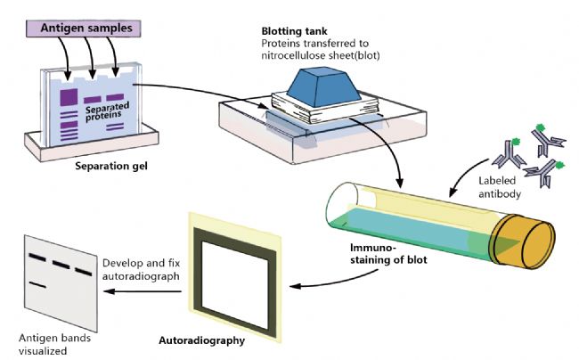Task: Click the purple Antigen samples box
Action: (84, 29)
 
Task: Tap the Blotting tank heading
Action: (294, 31)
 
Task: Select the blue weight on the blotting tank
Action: (323, 86)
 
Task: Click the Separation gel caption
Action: (111, 166)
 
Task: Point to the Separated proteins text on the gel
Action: (107, 111)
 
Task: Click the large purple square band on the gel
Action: (69, 97)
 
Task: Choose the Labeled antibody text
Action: (500, 187)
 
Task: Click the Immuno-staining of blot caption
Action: (388, 253)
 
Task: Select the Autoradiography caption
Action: (201, 340)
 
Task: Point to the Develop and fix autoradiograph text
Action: (141, 269)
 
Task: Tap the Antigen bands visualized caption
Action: (54, 344)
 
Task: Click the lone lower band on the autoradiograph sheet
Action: (37, 284)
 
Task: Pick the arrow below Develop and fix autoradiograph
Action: (143, 291)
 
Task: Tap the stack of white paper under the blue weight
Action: (326, 107)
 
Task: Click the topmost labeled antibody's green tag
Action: (540, 127)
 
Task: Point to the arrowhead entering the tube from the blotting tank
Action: (400, 183)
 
